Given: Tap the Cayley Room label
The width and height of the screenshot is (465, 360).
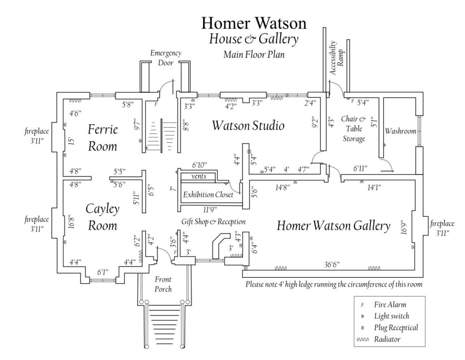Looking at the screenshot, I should point(102,217).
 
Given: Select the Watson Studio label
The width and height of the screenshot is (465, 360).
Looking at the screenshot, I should point(248,125).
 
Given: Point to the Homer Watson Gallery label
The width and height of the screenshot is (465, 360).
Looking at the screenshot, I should point(333,225).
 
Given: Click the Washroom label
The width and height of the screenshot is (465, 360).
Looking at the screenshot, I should point(401,131).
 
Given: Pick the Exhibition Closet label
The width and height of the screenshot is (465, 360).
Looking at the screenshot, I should point(208,195).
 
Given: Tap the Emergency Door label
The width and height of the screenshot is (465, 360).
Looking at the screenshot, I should point(166,58).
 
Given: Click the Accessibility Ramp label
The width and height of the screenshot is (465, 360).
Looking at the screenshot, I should point(336,58).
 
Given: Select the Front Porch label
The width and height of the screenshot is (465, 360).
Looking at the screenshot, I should point(163,284).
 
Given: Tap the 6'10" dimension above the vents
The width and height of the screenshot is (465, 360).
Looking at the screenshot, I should point(199,164).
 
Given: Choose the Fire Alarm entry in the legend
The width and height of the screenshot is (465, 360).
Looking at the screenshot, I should point(390,305).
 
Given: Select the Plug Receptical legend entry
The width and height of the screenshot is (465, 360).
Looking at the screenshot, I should point(396,327).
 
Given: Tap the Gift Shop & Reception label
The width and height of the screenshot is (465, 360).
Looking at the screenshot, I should point(213,222).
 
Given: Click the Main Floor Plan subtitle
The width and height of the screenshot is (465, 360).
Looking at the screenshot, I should point(253,55).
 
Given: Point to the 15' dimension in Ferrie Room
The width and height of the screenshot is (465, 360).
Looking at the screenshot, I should point(71,141).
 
